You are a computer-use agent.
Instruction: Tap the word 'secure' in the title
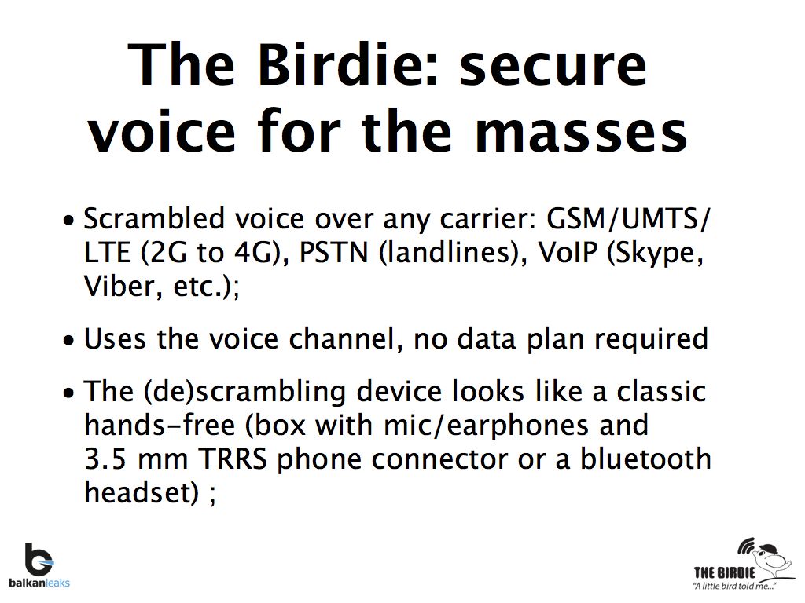click(x=553, y=64)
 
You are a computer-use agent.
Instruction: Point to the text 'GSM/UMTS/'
click(x=629, y=219)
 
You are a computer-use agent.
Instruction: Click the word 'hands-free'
click(x=159, y=425)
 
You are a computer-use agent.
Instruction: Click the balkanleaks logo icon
click(x=38, y=559)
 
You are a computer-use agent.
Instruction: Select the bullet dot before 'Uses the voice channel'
click(x=71, y=341)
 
